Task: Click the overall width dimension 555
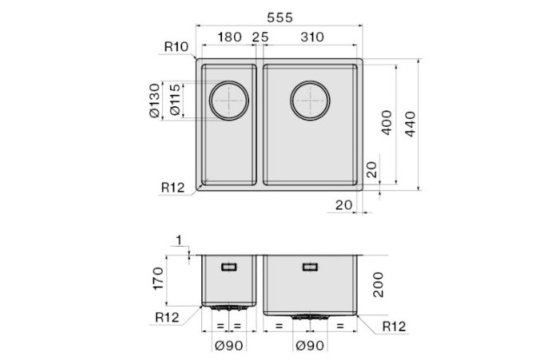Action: click(280, 18)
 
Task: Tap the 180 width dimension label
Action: click(229, 37)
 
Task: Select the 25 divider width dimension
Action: click(260, 37)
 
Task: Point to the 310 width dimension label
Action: click(312, 37)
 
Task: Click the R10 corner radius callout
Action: click(177, 46)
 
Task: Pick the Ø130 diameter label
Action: click(155, 101)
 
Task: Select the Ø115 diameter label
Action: click(175, 100)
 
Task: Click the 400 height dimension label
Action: click(387, 122)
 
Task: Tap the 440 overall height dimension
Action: click(411, 124)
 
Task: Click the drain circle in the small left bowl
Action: click(229, 101)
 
